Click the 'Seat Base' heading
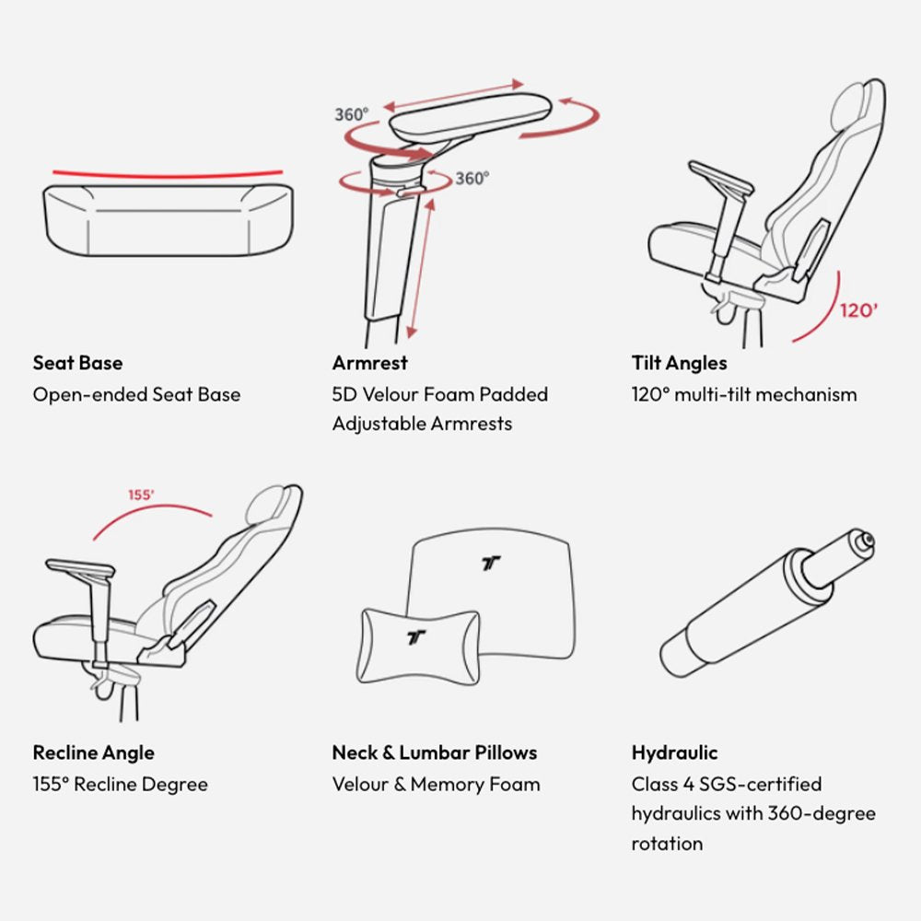coord(77,363)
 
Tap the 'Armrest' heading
coord(369,363)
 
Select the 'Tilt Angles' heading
coord(679,364)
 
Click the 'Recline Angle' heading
coord(93,753)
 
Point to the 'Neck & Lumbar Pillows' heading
coord(435,753)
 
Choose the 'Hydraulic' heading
coord(674,753)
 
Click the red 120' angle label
coord(858,309)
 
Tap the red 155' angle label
coord(141,495)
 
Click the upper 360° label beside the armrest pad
coord(351,114)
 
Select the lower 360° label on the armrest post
coord(472,178)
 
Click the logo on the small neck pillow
coord(416,637)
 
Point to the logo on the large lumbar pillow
coord(491,564)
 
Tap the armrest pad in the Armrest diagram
coord(471,114)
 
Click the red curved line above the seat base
coord(168,175)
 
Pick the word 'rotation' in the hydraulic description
coord(667,844)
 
